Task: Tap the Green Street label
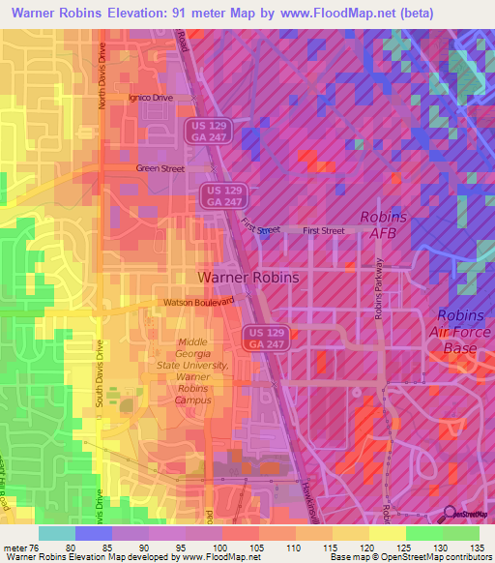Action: pos(160,168)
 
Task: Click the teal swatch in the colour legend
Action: pos(57,534)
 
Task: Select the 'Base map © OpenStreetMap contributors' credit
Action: pos(408,556)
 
